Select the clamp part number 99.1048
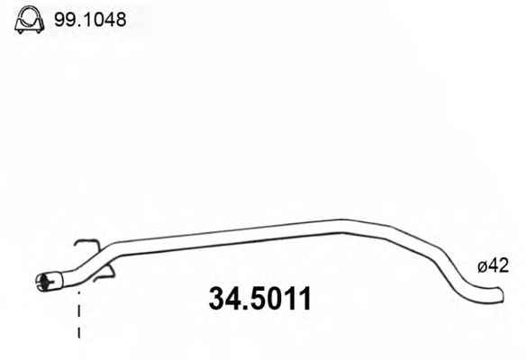(x=90, y=20)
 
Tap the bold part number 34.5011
(x=260, y=298)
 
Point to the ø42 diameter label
(x=494, y=265)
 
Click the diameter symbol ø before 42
(x=483, y=266)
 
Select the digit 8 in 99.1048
(x=120, y=20)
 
